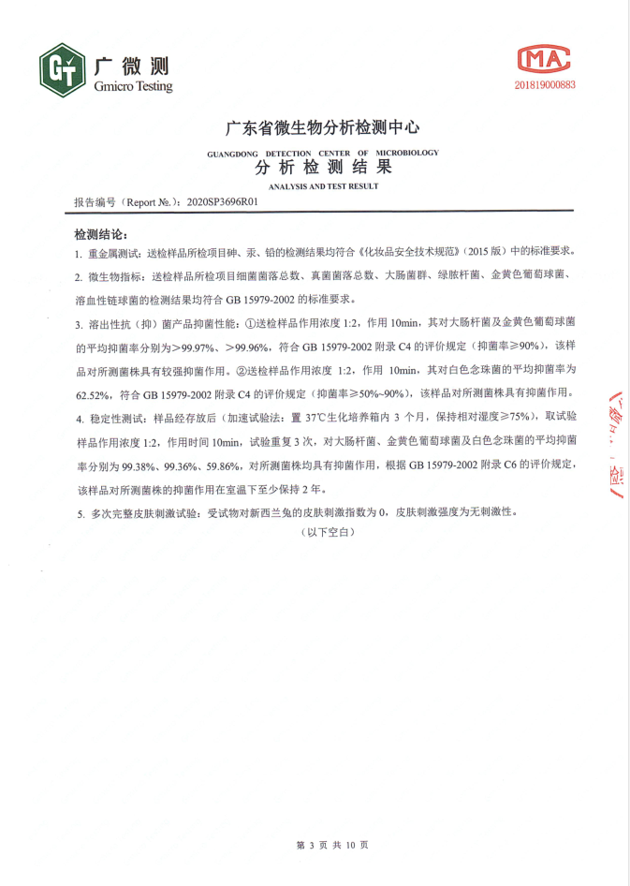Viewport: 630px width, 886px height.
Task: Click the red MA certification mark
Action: [543, 59]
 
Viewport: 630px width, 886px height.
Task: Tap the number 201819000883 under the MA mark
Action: [544, 84]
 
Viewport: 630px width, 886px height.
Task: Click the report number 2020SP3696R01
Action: [223, 201]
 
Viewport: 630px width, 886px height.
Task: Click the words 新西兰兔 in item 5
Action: [293, 513]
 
